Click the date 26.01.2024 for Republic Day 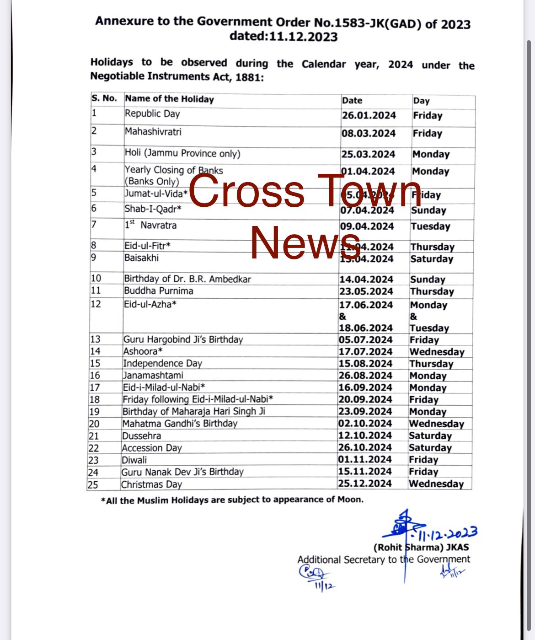tap(369, 115)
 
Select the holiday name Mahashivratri tap(153, 132)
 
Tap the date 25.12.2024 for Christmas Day tap(365, 484)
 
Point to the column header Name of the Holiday tap(169, 99)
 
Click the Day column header tap(421, 101)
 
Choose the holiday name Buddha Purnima tap(159, 291)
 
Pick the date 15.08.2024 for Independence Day tap(365, 364)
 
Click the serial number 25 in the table tap(93, 484)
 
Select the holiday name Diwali tap(134, 460)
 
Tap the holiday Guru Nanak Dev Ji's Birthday tap(182, 472)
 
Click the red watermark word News tap(305, 242)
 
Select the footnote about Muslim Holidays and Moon tap(232, 500)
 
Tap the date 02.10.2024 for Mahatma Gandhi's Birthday tap(365, 424)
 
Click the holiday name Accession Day tap(152, 448)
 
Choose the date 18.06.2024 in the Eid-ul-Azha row tap(366, 328)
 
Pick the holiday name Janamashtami tap(153, 376)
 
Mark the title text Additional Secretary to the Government tap(384, 559)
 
